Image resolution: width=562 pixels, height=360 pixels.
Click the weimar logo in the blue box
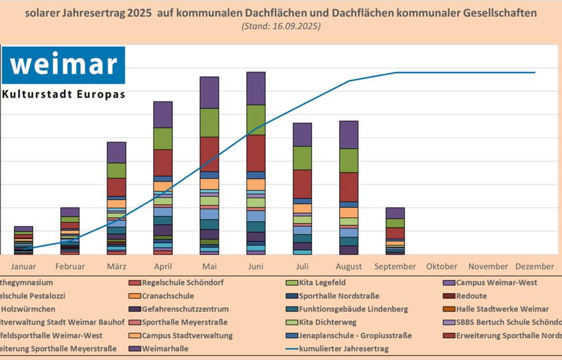pyautogui.click(x=63, y=65)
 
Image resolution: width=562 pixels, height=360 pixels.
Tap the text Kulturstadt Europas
pyautogui.click(x=63, y=94)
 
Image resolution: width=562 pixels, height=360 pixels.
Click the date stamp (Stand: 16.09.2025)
pyautogui.click(x=281, y=26)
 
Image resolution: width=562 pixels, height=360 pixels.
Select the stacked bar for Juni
pyautogui.click(x=256, y=163)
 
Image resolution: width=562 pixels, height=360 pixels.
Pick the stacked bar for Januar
pyautogui.click(x=23, y=240)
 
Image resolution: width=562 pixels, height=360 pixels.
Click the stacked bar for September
pyautogui.click(x=395, y=231)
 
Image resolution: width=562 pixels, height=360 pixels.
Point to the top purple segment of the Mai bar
pyautogui.click(x=210, y=92)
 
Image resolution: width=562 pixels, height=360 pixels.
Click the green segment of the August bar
pyautogui.click(x=349, y=160)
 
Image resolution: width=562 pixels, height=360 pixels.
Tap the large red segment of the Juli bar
pyautogui.click(x=303, y=184)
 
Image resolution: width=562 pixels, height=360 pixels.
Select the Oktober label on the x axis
pyautogui.click(x=442, y=266)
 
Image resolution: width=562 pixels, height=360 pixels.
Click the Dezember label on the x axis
pyautogui.click(x=534, y=266)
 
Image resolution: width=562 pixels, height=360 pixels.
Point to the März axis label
pyautogui.click(x=117, y=266)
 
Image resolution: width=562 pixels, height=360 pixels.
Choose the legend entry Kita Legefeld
pyautogui.click(x=322, y=282)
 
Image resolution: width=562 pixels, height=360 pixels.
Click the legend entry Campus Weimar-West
pyautogui.click(x=496, y=282)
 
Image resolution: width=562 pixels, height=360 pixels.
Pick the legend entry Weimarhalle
pyautogui.click(x=165, y=349)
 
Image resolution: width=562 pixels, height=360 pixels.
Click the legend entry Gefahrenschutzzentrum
pyautogui.click(x=185, y=309)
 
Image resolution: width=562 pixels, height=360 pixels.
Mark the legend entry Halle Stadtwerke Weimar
pyautogui.click(x=502, y=309)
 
